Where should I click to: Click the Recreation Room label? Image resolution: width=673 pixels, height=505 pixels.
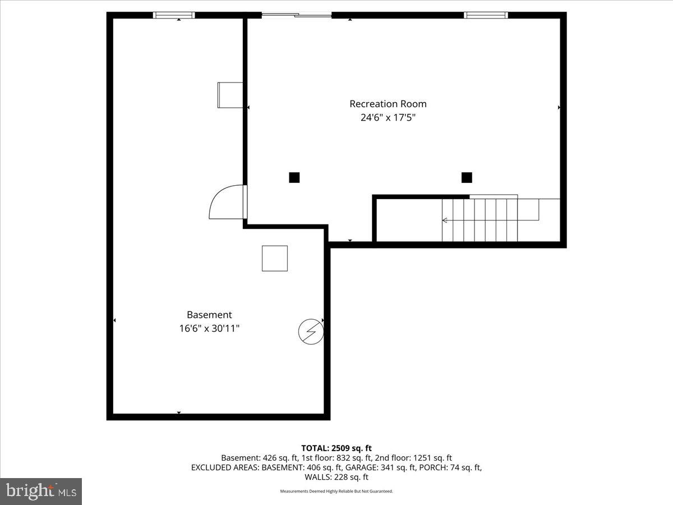(388, 104)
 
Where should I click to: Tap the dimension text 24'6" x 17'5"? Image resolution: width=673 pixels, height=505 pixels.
(388, 118)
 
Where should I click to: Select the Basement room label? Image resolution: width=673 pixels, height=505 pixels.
(209, 315)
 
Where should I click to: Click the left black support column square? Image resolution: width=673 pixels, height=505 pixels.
(294, 177)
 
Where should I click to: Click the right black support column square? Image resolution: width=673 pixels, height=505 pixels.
(467, 177)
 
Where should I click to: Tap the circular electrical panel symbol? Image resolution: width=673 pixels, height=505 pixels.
(311, 332)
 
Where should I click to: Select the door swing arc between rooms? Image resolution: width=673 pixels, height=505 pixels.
(224, 202)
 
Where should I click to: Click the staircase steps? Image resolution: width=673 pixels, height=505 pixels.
(488, 220)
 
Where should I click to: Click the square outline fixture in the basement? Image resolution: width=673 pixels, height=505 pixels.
(275, 258)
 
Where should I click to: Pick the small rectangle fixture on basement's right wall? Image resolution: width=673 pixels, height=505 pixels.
(230, 95)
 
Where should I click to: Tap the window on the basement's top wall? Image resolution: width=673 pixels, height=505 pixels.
(174, 15)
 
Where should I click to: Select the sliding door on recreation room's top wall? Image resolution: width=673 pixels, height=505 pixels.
(297, 15)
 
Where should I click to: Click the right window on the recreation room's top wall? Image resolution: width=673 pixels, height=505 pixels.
(486, 15)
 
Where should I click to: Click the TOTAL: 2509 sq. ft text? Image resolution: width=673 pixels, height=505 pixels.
(336, 448)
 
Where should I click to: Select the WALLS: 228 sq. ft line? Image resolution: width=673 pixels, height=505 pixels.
(336, 477)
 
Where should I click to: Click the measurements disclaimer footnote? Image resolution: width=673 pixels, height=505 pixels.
(336, 492)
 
